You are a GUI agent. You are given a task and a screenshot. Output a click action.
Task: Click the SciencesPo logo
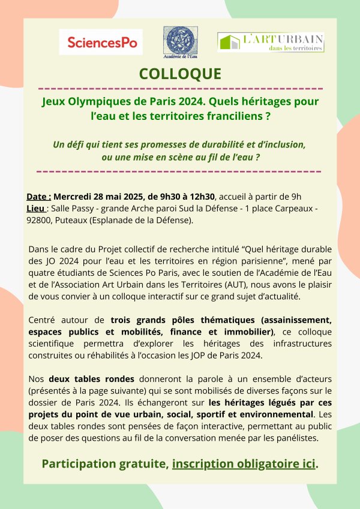click(103, 43)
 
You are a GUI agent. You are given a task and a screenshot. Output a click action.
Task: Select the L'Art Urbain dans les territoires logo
click(270, 42)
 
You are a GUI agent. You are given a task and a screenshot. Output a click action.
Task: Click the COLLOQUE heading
click(180, 74)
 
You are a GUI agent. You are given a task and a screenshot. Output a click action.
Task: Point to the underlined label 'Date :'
click(39, 197)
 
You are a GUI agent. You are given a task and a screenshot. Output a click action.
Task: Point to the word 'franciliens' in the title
click(230, 116)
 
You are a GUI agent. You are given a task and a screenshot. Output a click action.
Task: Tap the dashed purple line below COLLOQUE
click(180, 88)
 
